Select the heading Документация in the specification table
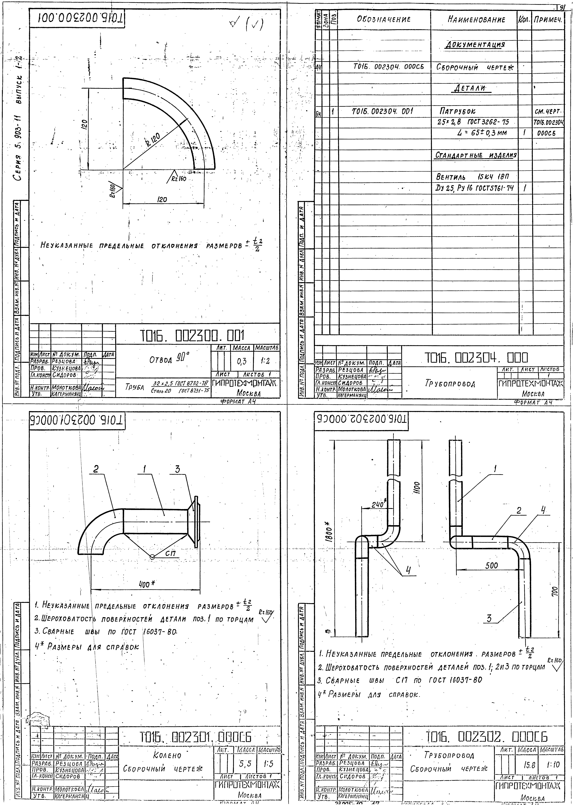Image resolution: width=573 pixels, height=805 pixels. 475,45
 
